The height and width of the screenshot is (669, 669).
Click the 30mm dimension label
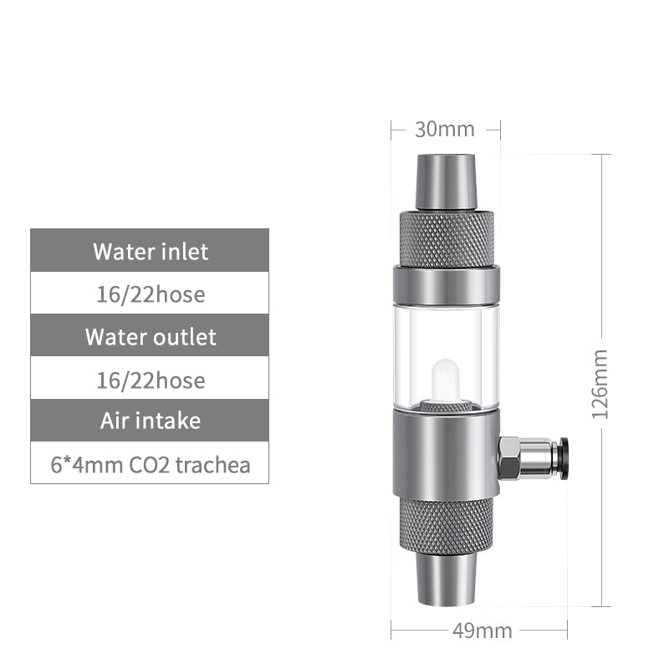pyautogui.click(x=445, y=130)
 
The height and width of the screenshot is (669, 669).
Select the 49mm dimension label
pyautogui.click(x=482, y=630)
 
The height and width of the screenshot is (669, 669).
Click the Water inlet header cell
pyautogui.click(x=150, y=251)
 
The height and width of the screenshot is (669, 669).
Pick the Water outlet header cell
pyautogui.click(x=150, y=337)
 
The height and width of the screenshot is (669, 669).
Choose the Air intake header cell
pyautogui.click(x=150, y=420)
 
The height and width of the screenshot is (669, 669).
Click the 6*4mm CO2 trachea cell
pyautogui.click(x=150, y=464)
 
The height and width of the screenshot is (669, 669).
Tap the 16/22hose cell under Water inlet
pyautogui.click(x=150, y=294)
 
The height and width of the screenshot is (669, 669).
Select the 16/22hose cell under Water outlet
pyautogui.click(x=150, y=380)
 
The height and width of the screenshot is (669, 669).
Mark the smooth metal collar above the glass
pyautogui.click(x=445, y=284)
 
